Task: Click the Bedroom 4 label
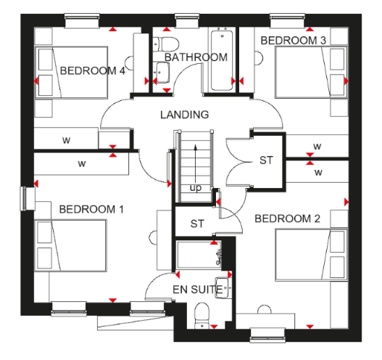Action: point(93,70)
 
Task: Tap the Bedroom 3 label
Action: point(294,40)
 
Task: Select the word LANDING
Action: point(185,115)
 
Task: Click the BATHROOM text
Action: point(196,57)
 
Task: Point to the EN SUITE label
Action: point(198,290)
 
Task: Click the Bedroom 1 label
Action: point(91,209)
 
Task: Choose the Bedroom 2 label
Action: point(287,218)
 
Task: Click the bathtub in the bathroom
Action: point(222,60)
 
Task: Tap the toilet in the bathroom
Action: point(166,44)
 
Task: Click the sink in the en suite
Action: point(223,288)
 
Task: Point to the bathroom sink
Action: point(162,72)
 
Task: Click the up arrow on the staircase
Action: point(195,165)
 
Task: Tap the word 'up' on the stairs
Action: point(196,188)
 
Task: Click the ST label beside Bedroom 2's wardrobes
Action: point(266,160)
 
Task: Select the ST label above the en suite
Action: point(197,224)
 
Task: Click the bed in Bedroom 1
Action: point(70,245)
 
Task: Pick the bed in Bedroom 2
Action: point(312,254)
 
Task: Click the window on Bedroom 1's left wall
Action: point(24,198)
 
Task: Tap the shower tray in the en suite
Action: point(199,255)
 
